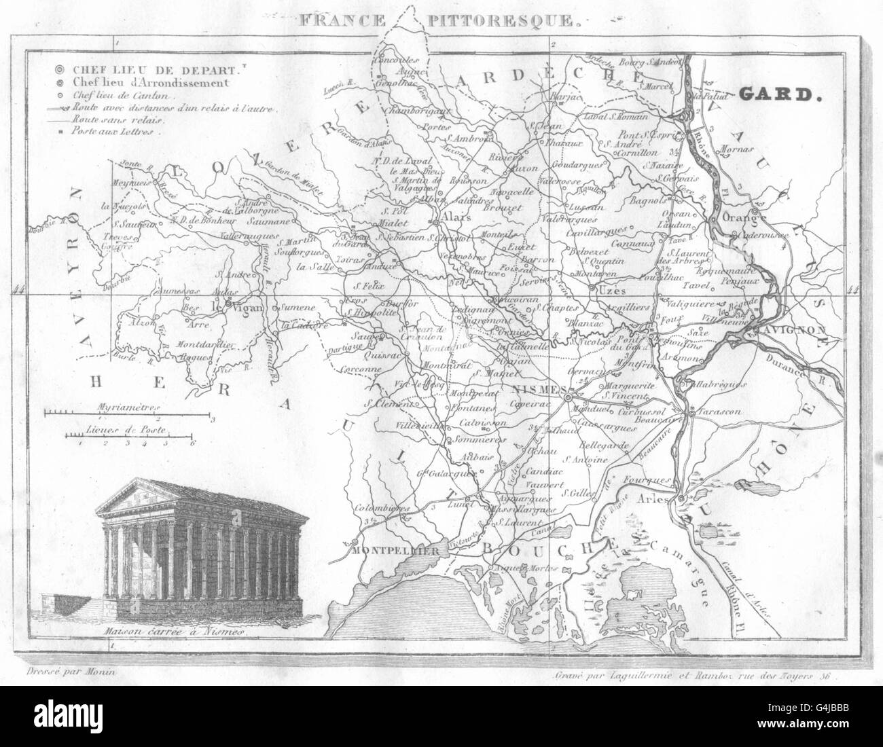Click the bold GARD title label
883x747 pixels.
pos(779,95)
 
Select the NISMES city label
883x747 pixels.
pos(537,388)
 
